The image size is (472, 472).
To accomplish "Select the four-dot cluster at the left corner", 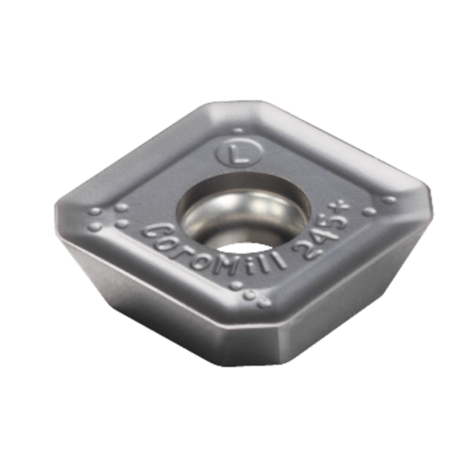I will (107, 218).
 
